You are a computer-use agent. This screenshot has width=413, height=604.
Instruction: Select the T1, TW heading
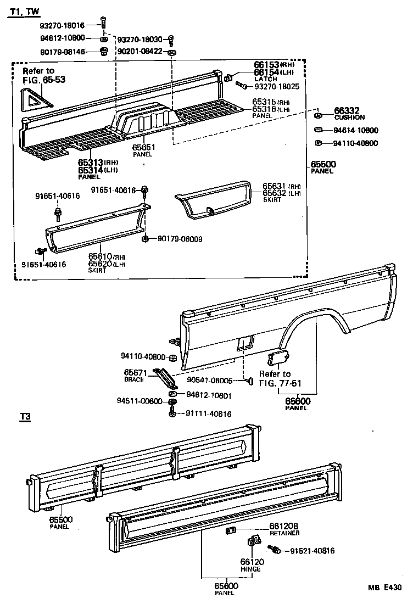tap(26, 12)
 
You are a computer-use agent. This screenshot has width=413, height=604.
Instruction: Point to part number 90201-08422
tap(140, 52)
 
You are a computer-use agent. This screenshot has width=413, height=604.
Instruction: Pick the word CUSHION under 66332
tap(349, 118)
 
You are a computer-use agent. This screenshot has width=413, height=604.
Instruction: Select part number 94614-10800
tap(355, 131)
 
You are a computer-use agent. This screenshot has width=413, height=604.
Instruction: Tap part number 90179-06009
tap(180, 239)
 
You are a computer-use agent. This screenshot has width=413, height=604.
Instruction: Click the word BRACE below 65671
tap(133, 379)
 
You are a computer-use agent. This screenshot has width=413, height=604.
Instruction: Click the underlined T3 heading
tap(24, 418)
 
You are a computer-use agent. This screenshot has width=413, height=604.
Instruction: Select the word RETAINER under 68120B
tap(284, 533)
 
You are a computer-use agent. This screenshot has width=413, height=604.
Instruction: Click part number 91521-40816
tap(312, 551)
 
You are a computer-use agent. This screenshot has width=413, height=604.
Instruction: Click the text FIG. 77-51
tap(281, 383)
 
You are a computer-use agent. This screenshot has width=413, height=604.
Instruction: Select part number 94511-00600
tap(139, 401)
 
